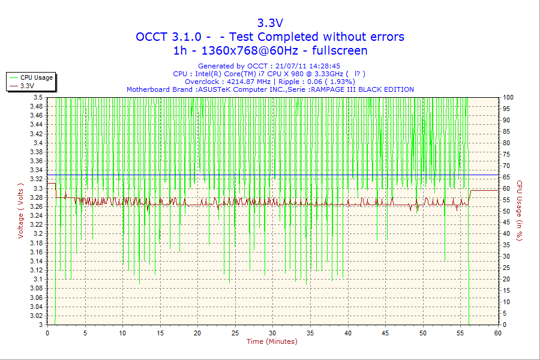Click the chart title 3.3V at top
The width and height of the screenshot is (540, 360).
[x=270, y=23]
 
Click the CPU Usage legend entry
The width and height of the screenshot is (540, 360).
[x=37, y=77]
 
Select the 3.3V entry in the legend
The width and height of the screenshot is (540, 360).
[x=27, y=86]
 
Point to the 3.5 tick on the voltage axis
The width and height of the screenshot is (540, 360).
[x=38, y=97]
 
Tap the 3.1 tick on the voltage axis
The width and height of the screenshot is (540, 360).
[x=38, y=279]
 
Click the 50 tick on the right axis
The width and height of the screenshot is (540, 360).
[x=506, y=211]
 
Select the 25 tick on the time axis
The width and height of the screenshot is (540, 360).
[x=235, y=332]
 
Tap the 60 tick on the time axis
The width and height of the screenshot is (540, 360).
[x=497, y=332]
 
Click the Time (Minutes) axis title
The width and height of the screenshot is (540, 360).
[x=272, y=341]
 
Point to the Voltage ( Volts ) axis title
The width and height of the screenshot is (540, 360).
[x=21, y=211]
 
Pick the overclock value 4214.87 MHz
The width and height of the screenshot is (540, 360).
[x=246, y=82]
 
